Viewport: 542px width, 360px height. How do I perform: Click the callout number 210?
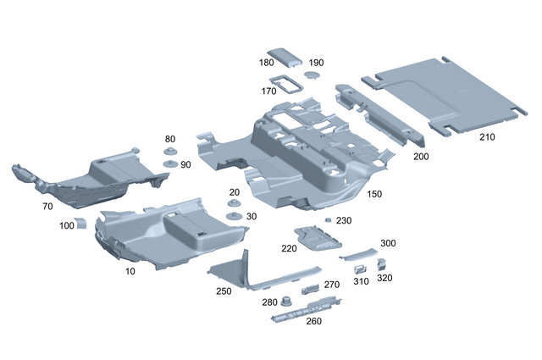pyautogui.click(x=488, y=136)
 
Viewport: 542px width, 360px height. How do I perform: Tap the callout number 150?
pyautogui.click(x=374, y=194)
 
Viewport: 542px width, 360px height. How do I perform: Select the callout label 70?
pyautogui.click(x=47, y=206)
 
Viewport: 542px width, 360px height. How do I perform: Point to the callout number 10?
pyautogui.click(x=130, y=271)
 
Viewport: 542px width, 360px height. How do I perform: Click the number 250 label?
pyautogui.click(x=224, y=291)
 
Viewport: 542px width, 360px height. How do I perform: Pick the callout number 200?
pyautogui.click(x=421, y=157)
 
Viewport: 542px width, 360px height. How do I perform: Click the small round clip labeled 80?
pyautogui.click(x=170, y=152)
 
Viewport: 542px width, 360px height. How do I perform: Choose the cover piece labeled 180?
pyautogui.click(x=286, y=58)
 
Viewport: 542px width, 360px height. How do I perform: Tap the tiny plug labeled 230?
pyautogui.click(x=328, y=220)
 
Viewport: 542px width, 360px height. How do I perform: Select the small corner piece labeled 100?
pyautogui.click(x=81, y=223)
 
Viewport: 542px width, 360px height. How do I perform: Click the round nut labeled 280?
pyautogui.click(x=286, y=299)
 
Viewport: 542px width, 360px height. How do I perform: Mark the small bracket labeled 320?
pyautogui.click(x=382, y=265)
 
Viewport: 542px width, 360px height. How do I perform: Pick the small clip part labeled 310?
pyautogui.click(x=359, y=269)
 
